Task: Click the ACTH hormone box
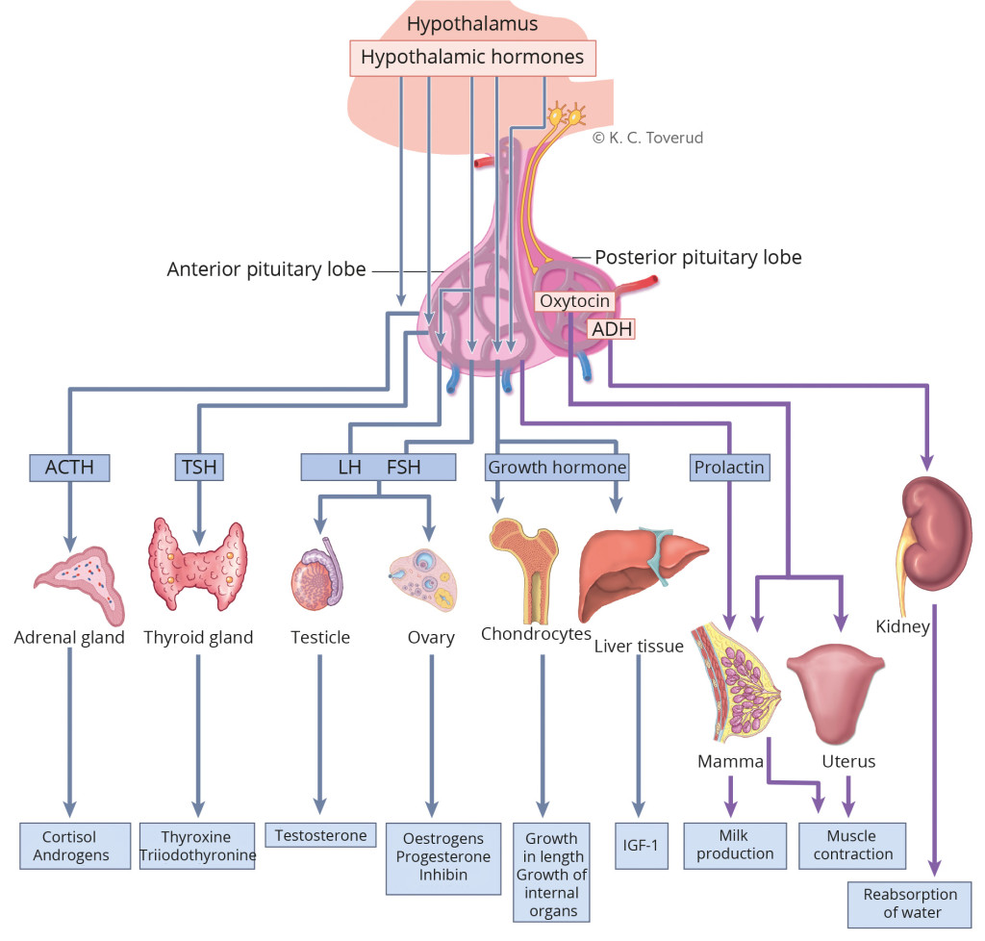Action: point(69,468)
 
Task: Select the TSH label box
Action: point(199,468)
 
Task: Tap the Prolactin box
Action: point(729,468)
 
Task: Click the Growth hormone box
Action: point(557,468)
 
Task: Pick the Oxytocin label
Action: point(574,301)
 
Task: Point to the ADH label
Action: point(612,329)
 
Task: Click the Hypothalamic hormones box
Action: point(471,58)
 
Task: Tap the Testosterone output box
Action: point(320,836)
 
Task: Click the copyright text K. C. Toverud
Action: point(647,138)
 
